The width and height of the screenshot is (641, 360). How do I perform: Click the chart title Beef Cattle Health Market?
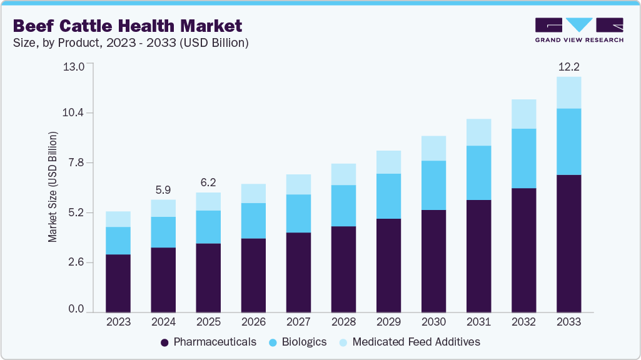tap(127, 26)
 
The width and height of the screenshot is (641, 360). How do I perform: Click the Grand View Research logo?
tap(578, 30)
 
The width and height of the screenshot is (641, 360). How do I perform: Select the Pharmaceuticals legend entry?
tap(208, 342)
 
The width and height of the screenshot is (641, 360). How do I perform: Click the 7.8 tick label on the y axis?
tap(74, 163)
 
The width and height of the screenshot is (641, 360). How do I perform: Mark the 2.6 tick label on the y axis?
tap(74, 262)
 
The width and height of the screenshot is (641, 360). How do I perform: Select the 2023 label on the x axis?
tap(118, 322)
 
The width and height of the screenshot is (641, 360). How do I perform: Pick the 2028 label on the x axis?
tap(343, 322)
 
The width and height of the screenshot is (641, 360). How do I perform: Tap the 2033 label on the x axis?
tap(568, 322)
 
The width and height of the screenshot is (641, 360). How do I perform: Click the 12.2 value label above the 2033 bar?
tap(568, 66)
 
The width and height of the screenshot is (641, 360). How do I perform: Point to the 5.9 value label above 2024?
tap(163, 189)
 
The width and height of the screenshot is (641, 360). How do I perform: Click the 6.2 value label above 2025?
tap(208, 182)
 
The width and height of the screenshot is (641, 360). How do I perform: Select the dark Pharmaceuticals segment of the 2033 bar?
tap(568, 244)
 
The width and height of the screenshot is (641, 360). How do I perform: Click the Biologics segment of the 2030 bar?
tap(433, 185)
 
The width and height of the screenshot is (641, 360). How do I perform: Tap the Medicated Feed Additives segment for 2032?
tap(523, 114)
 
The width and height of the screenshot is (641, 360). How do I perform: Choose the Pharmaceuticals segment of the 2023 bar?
tap(118, 283)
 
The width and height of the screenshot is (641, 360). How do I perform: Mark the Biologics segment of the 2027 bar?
tap(298, 213)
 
